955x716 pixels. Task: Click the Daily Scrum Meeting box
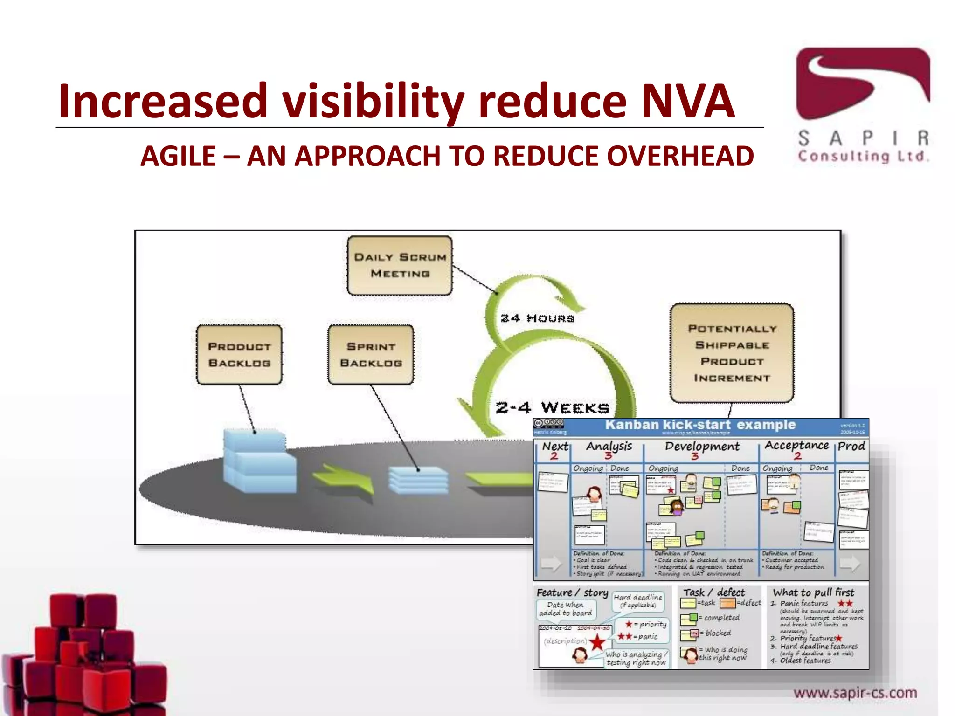tap(400, 265)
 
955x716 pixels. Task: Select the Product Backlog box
tap(239, 355)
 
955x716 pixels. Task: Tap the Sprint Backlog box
tap(371, 355)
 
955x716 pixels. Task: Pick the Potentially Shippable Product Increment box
tap(732, 353)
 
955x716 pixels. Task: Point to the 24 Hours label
tap(537, 318)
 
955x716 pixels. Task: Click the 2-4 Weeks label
tap(552, 408)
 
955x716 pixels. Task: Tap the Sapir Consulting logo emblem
tap(863, 84)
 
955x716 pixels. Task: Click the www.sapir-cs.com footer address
tap(855, 693)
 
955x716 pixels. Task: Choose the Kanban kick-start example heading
tap(700, 425)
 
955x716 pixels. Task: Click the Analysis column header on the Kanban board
tap(609, 446)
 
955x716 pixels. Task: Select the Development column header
tap(702, 446)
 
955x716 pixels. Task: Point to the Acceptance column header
tap(796, 445)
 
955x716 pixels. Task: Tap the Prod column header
tap(851, 446)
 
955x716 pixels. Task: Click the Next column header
tap(555, 446)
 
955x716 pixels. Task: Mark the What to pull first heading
tap(813, 592)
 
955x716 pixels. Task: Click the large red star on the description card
tap(597, 643)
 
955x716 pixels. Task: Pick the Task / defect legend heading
tap(714, 592)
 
